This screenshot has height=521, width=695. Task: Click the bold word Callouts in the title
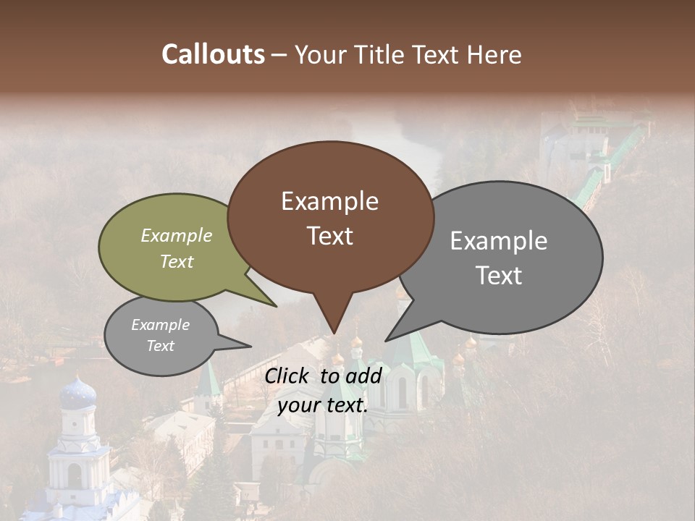[x=213, y=54]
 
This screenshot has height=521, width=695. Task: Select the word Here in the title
[x=496, y=54]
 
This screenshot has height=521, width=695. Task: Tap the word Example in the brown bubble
[x=329, y=201]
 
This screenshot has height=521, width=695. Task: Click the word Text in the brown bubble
[x=329, y=235]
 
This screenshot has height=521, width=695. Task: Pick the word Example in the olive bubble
[x=177, y=235]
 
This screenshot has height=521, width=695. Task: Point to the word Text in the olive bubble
[x=177, y=261]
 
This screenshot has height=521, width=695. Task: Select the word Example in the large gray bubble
[x=499, y=240]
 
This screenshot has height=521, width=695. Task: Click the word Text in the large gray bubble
[x=499, y=275]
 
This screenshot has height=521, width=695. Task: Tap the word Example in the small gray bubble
[x=160, y=325]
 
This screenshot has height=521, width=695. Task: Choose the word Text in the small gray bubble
[x=160, y=345]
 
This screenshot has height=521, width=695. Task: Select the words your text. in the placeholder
[x=322, y=405]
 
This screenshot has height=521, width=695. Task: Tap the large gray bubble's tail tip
[x=387, y=339]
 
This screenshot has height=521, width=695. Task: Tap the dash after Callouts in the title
[x=280, y=55]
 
